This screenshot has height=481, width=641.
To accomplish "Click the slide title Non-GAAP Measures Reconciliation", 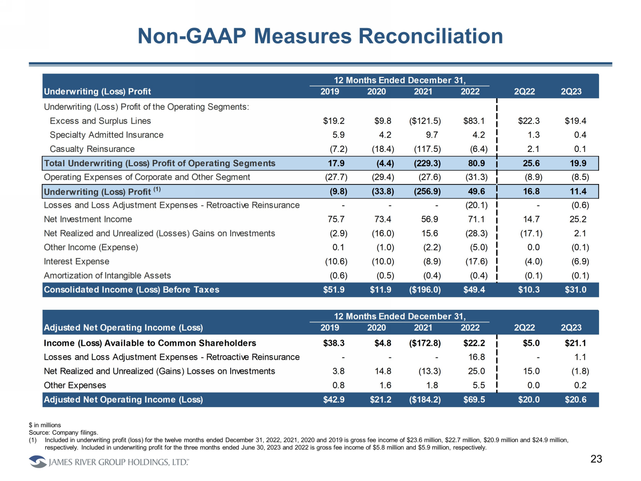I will [x=320, y=36].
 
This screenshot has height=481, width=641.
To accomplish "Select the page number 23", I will [x=596, y=459].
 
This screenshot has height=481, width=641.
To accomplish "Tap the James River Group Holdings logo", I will [x=108, y=462].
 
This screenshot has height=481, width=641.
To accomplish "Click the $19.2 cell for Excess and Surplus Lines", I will [x=334, y=121].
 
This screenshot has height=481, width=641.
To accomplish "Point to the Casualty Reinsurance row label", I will [x=92, y=149].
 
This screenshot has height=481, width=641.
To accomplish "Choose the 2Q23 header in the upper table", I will [x=571, y=91].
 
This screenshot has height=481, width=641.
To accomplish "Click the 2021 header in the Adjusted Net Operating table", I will [x=423, y=328].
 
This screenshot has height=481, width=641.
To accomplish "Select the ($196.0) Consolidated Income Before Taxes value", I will [x=425, y=290].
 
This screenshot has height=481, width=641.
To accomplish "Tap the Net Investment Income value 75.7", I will [x=336, y=219].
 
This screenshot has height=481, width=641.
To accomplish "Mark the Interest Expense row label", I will [x=76, y=261].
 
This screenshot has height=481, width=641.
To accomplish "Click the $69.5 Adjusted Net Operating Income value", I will [x=474, y=400].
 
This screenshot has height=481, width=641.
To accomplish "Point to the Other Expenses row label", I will [x=75, y=385].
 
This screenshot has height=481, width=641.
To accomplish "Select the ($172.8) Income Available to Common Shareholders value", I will [x=425, y=343].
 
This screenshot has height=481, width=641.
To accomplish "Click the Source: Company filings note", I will [x=63, y=433].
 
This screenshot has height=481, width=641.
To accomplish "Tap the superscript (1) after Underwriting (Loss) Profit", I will [x=157, y=189].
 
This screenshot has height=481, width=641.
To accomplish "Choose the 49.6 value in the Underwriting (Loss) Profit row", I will [x=476, y=191].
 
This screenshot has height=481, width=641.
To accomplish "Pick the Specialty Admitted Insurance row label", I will [x=107, y=135].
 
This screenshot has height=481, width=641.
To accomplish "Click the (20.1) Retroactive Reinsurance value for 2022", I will [x=476, y=205].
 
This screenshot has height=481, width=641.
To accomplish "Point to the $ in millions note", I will [x=45, y=425].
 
